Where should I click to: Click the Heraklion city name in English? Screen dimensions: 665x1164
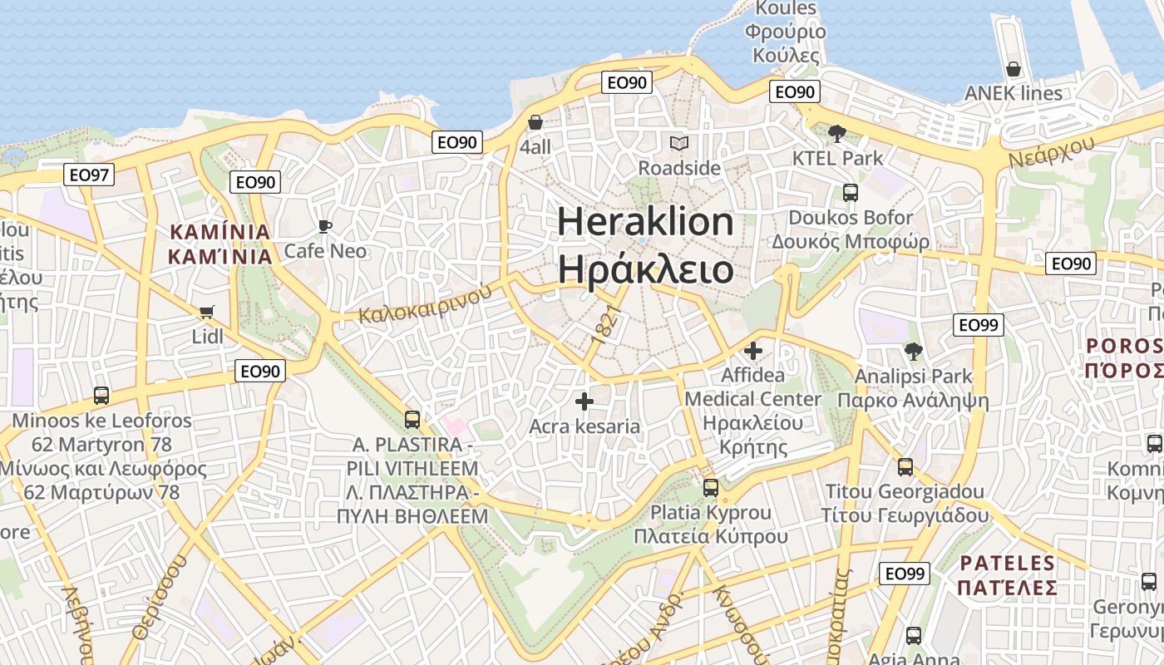tap(645, 223)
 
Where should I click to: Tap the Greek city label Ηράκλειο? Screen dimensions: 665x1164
tap(645, 270)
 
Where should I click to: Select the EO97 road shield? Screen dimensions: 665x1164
tap(89, 175)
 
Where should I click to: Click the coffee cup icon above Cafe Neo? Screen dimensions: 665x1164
tap(325, 226)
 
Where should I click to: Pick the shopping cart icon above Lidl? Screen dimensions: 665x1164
tap(207, 313)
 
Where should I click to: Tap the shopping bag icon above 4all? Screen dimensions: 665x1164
tap(535, 122)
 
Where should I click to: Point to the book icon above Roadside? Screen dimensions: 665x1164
tap(679, 143)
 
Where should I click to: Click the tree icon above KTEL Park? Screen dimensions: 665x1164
tap(837, 133)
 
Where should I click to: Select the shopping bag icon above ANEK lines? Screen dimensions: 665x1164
tap(1013, 68)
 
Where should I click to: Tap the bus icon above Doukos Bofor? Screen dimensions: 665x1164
tap(851, 193)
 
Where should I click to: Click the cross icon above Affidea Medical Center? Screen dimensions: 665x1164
tap(753, 351)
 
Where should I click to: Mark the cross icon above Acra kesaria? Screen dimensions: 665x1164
tap(584, 401)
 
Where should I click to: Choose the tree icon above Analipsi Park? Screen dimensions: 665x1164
tap(914, 352)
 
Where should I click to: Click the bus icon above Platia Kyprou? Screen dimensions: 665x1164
tap(710, 488)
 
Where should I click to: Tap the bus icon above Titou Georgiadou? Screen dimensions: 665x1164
tap(905, 467)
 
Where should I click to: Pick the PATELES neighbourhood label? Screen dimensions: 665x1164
tap(1007, 564)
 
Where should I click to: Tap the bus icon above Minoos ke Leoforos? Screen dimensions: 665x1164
tap(101, 396)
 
